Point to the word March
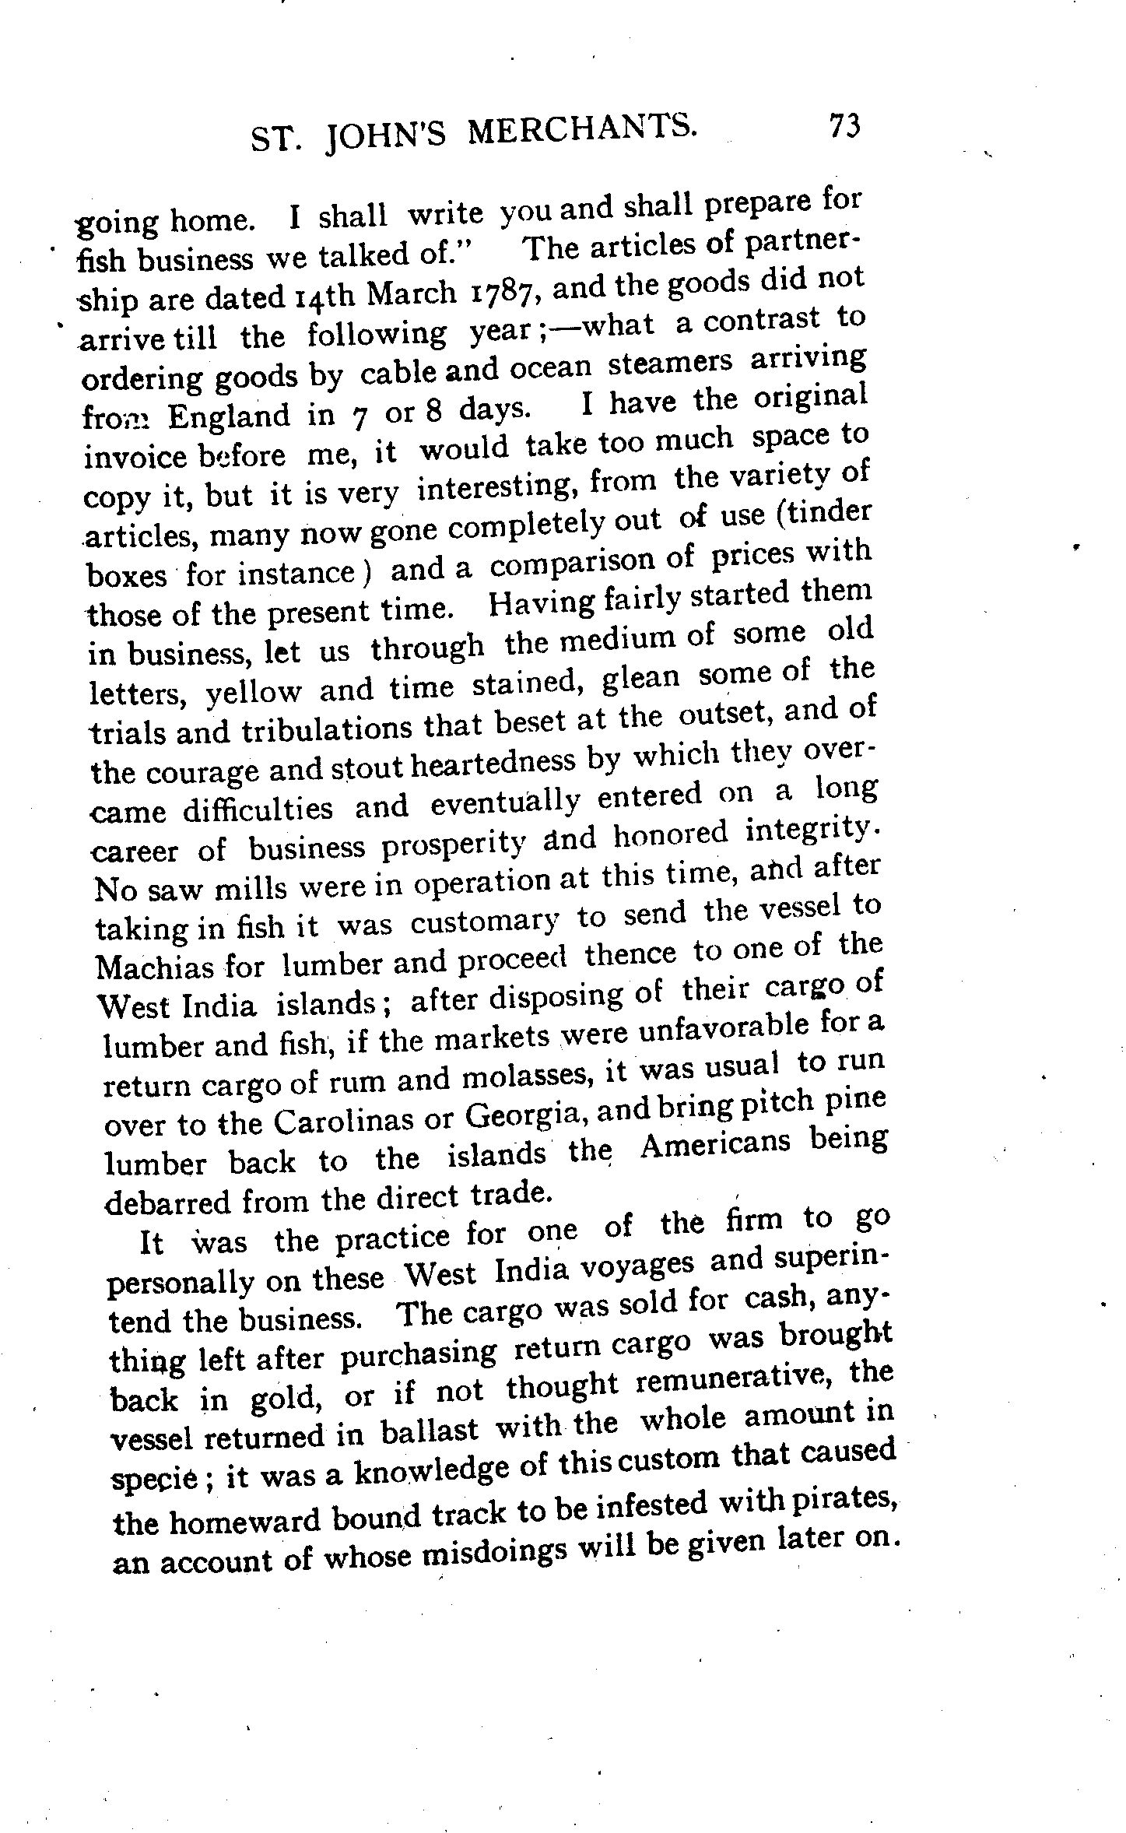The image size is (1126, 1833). pyautogui.click(x=411, y=293)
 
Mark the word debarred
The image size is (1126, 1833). pyautogui.click(x=169, y=1203)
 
